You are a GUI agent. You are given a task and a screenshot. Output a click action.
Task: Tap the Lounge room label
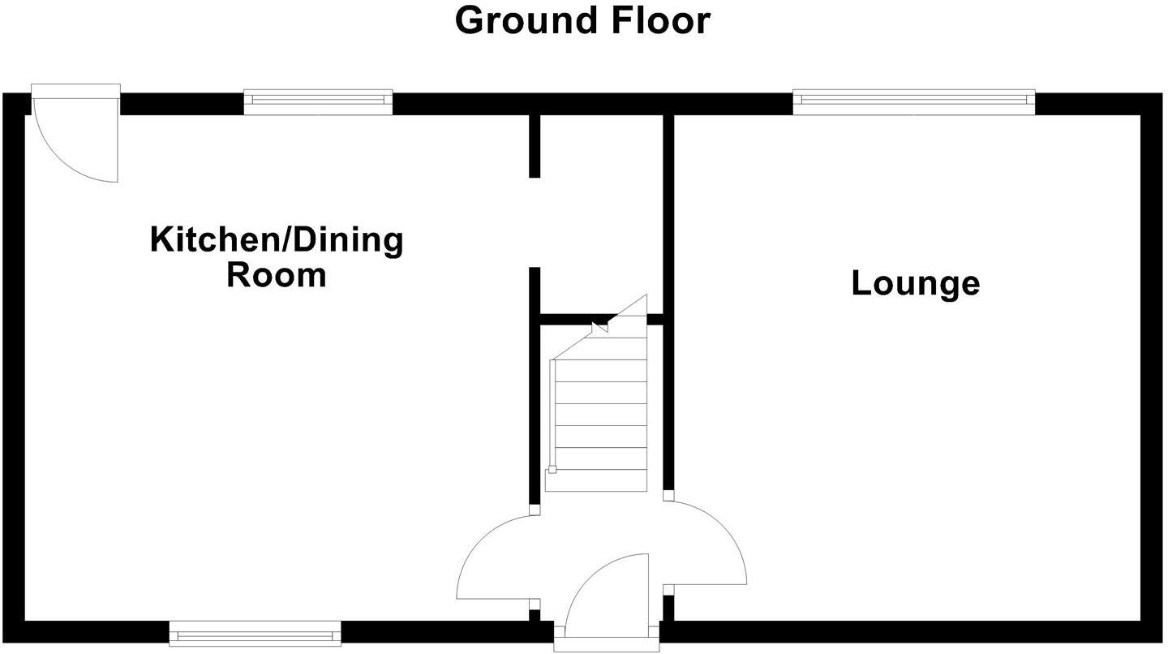(x=915, y=283)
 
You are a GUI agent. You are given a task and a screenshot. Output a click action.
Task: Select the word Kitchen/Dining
(x=276, y=240)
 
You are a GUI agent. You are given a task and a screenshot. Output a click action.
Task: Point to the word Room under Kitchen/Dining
(x=276, y=275)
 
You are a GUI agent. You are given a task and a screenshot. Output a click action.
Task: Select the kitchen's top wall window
(x=318, y=101)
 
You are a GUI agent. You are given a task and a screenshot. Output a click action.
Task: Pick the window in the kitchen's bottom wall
(x=255, y=633)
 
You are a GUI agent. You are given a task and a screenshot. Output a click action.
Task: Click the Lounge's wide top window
(x=913, y=101)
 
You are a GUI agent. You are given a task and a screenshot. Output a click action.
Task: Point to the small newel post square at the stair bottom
(x=552, y=469)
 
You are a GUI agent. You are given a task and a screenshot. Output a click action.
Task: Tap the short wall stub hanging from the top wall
(x=535, y=146)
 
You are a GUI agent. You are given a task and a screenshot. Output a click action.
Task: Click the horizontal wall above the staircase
(x=568, y=320)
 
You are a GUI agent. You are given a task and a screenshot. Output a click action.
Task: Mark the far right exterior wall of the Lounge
(x=1151, y=365)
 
